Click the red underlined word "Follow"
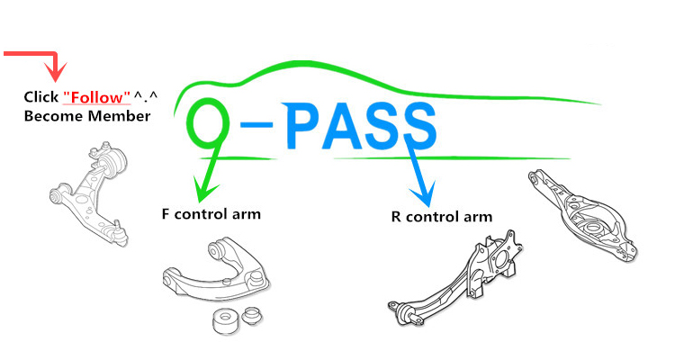97,96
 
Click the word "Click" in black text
41,96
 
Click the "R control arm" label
442,216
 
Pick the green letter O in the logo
207,126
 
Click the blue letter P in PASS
307,127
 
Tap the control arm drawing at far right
584,216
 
